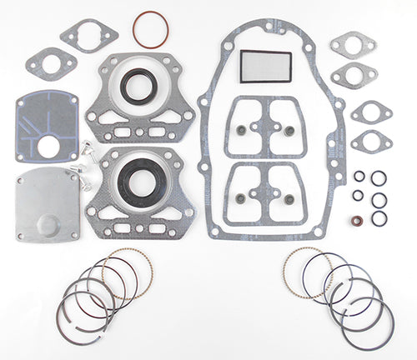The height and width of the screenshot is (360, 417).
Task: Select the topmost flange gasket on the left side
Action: pos(88,35)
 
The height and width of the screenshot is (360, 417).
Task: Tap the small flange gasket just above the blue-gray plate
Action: pos(52,62)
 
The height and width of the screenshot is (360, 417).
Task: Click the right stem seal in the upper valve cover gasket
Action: pos(289,130)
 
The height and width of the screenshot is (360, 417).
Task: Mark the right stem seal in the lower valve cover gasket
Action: pos(289,198)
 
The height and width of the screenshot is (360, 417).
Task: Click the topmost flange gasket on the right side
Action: pos(353,44)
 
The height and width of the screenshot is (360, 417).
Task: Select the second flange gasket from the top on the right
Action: pos(354,75)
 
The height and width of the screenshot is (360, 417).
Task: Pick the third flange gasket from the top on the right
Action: pos(370,111)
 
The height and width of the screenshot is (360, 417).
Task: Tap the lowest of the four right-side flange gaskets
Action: pos(371,141)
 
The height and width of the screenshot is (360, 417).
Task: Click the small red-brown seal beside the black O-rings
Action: pos(357,222)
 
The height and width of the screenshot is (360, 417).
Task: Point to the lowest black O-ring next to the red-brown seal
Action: pos(379,218)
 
